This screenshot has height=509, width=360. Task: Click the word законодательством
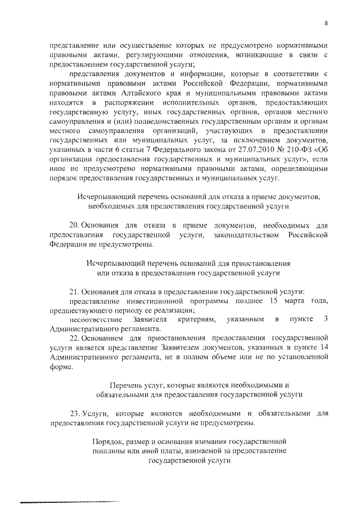254,235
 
